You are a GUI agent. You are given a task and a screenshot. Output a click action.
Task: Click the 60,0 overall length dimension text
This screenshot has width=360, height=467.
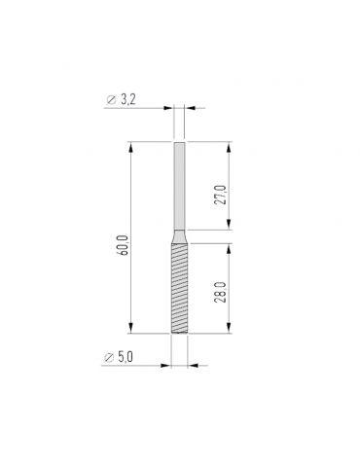point(125,244)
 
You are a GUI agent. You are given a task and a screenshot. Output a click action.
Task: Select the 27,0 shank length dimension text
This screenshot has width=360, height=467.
point(220,195)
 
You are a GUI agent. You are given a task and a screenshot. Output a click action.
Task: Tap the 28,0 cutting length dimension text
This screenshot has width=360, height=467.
point(220,293)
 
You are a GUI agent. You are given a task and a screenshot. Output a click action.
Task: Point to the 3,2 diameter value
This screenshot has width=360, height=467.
point(127,100)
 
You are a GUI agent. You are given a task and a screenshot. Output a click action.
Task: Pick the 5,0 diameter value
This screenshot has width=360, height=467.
point(126,357)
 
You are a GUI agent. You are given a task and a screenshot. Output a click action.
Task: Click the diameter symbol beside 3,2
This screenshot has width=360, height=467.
point(111,100)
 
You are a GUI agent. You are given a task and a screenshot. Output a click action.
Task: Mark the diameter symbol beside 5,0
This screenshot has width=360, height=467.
point(109,358)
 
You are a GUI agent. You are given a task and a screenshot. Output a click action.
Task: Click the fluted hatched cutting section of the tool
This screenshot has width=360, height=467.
point(179,288)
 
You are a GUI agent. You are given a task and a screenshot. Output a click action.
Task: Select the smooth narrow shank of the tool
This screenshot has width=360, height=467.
point(180,186)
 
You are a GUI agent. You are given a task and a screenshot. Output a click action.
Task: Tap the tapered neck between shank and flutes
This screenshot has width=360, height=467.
point(180,236)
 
